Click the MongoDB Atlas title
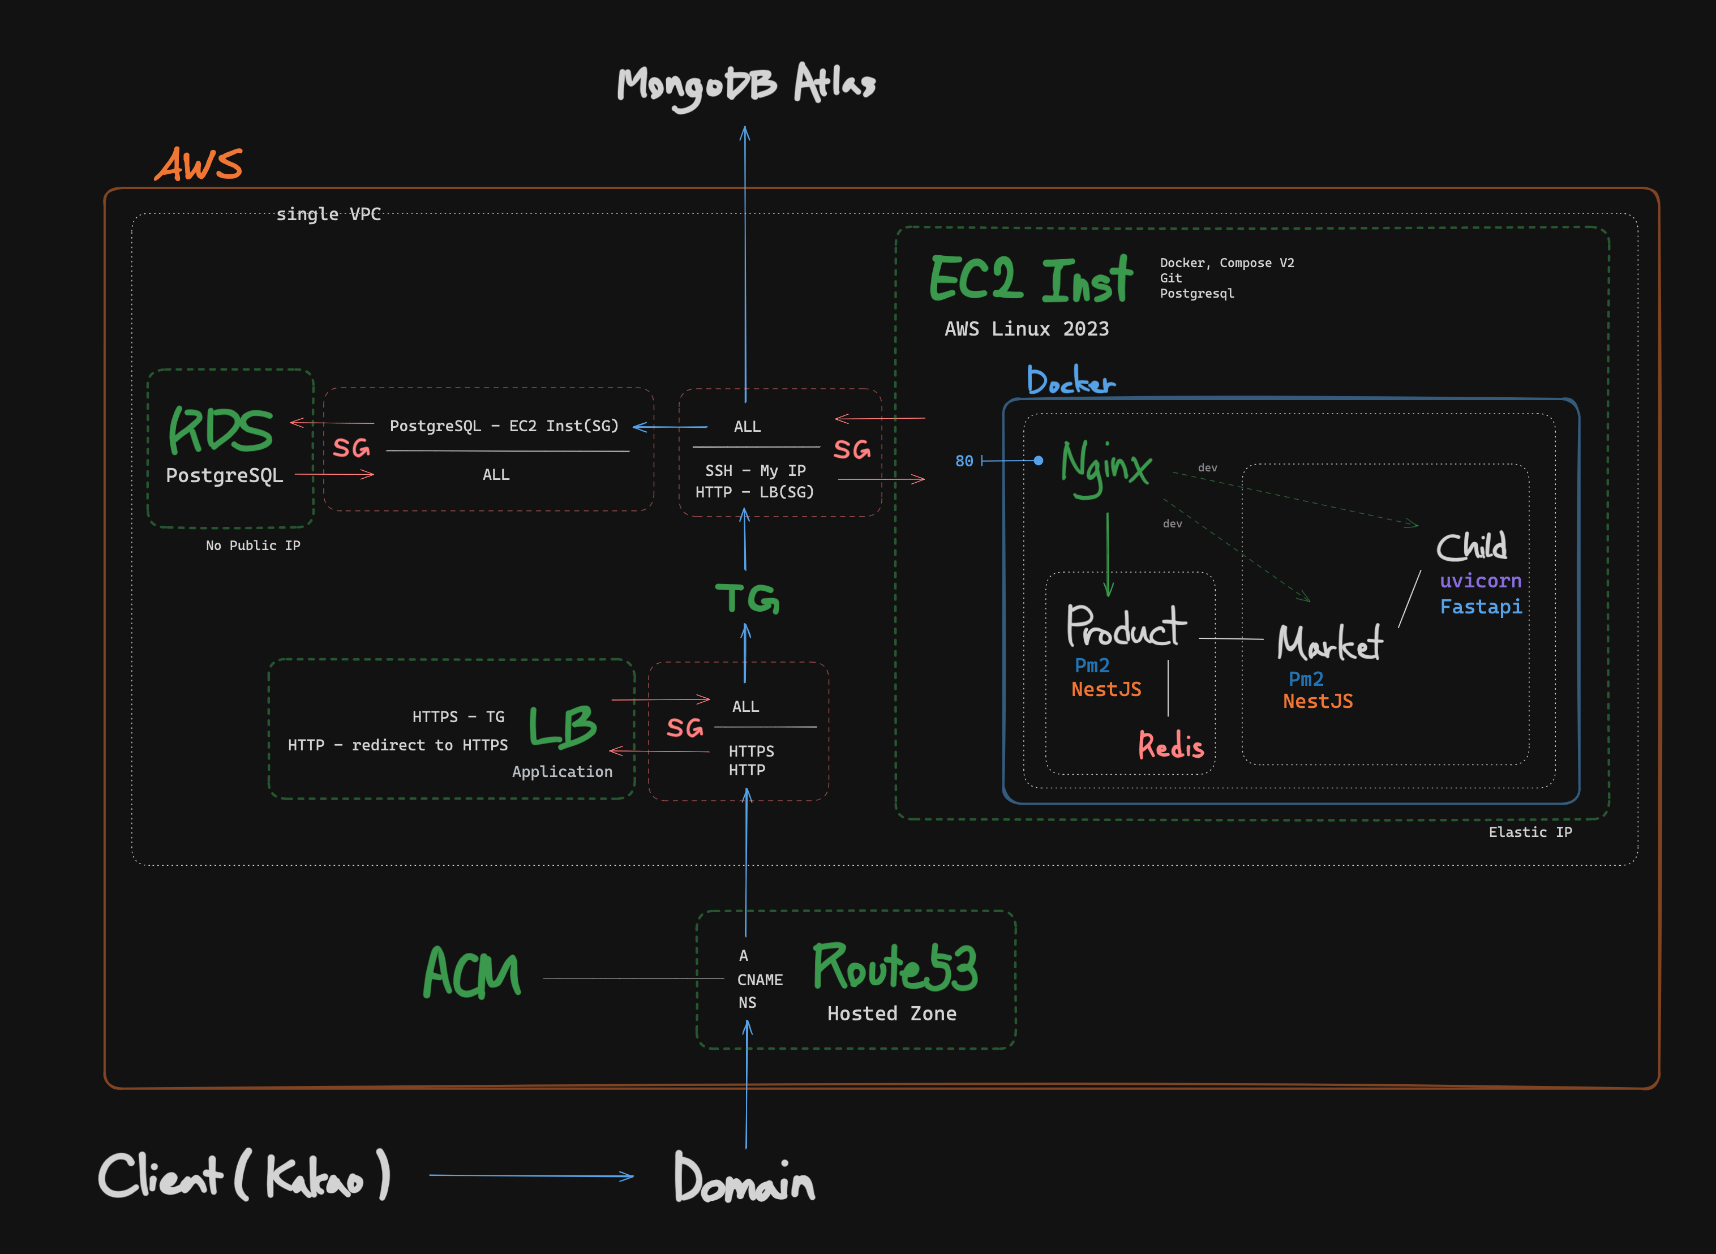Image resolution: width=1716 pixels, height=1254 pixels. click(x=746, y=85)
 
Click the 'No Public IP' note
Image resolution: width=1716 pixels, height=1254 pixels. click(x=253, y=546)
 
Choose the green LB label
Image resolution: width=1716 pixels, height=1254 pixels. click(x=563, y=727)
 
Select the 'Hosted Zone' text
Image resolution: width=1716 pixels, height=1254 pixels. click(x=892, y=1013)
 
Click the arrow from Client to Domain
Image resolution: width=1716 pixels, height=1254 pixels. click(x=531, y=1176)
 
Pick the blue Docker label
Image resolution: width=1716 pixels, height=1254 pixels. click(x=1070, y=380)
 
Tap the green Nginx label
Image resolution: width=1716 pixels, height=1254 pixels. click(x=1106, y=465)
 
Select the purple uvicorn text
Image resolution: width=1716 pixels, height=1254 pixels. click(x=1480, y=581)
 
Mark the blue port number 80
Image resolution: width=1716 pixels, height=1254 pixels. click(x=964, y=461)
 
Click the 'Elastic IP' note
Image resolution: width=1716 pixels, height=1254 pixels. click(x=1530, y=832)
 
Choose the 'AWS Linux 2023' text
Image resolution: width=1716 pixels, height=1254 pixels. click(x=1026, y=329)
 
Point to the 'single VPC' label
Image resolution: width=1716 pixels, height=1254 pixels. click(x=329, y=214)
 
